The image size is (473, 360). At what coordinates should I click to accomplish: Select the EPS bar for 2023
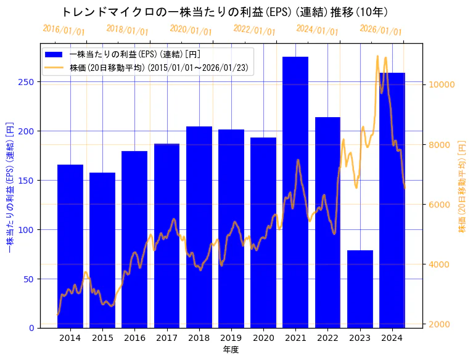tap(360, 289)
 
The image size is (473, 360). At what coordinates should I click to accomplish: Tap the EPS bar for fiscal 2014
tap(70, 246)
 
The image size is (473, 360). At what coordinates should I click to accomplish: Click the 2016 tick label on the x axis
tap(134, 337)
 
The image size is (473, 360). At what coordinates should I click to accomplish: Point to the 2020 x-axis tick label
tap(263, 337)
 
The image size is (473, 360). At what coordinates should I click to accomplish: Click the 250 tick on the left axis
tap(29, 82)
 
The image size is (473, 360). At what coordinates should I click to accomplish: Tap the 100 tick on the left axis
tap(29, 229)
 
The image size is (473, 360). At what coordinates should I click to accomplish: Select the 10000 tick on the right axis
tap(442, 84)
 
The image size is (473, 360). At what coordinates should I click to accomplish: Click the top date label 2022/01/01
tap(254, 30)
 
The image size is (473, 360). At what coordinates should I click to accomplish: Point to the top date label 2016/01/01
tap(64, 30)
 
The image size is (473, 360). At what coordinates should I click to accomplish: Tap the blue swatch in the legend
tap(54, 54)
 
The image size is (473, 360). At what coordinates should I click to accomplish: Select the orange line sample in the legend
tap(54, 68)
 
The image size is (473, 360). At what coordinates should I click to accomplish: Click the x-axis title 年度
tap(231, 350)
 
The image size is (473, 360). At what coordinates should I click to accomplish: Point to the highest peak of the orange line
tap(377, 56)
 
